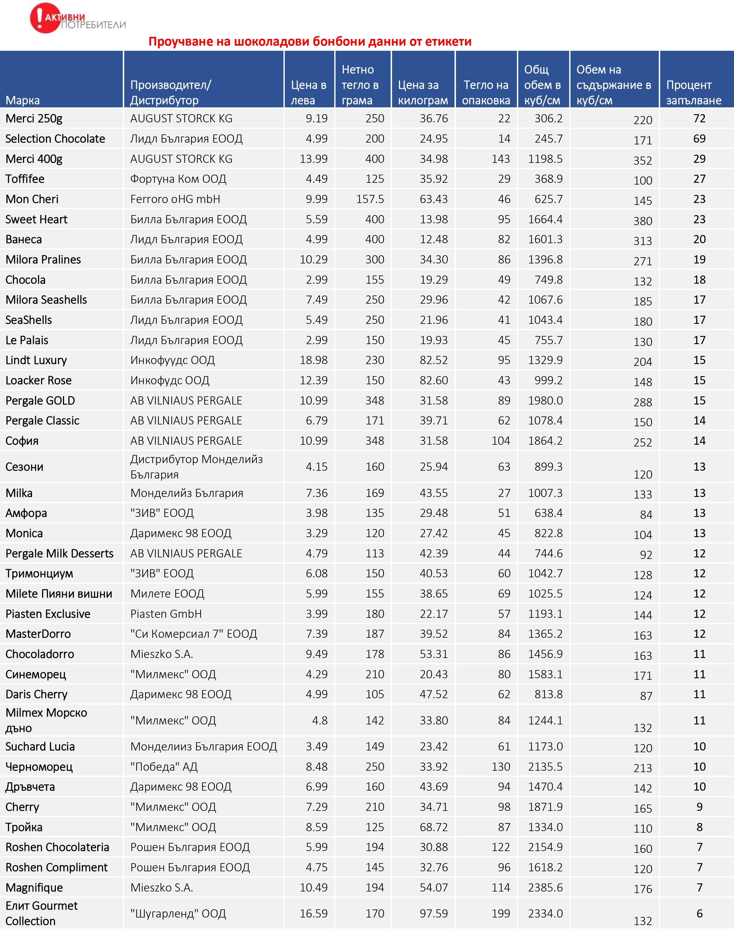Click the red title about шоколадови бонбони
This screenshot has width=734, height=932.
[310, 42]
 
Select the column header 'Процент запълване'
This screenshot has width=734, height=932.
[693, 92]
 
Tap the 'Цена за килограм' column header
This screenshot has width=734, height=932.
[422, 92]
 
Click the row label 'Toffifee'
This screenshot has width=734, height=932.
[25, 179]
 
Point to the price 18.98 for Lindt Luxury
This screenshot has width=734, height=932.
[313, 360]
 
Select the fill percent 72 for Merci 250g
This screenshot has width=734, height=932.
[699, 119]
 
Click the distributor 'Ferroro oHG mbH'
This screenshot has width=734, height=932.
[175, 199]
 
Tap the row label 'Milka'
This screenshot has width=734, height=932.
[19, 493]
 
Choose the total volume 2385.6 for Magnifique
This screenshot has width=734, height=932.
[545, 887]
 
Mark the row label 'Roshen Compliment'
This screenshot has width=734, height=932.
[56, 867]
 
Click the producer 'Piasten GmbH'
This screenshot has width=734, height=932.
[166, 614]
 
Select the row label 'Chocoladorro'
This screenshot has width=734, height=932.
[40, 654]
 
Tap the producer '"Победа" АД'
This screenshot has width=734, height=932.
[164, 766]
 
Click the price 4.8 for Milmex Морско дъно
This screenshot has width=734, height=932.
[320, 720]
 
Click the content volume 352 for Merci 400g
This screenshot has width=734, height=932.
[642, 161]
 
